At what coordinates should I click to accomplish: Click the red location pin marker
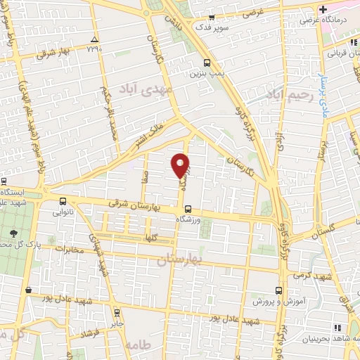181,165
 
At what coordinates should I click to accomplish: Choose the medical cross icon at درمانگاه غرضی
322,10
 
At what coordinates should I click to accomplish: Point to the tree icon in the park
13,233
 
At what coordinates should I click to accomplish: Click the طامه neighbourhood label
136,345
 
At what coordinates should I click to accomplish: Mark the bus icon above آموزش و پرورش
279,289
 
